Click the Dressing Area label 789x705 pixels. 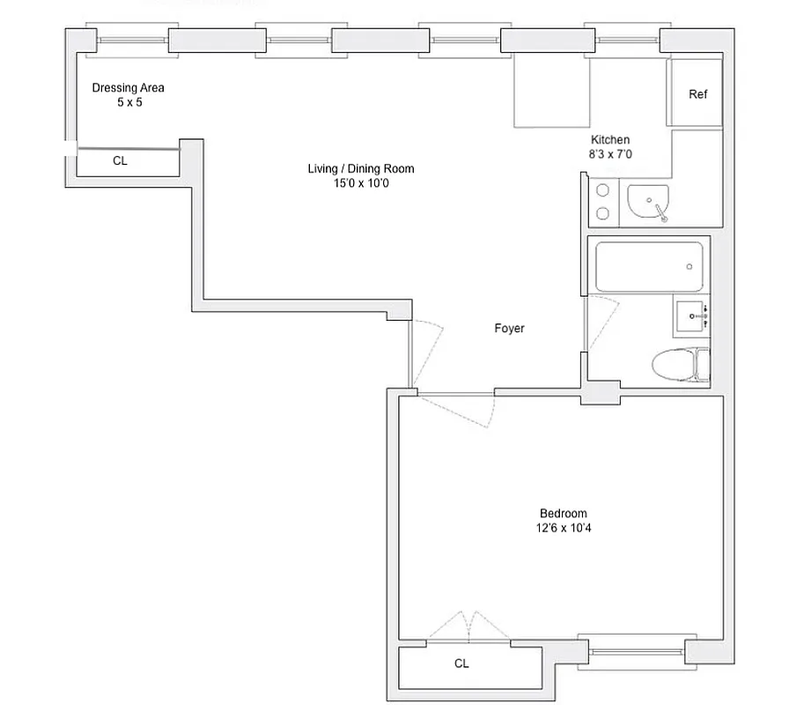[x=129, y=88]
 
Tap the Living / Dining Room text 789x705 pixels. [x=360, y=169]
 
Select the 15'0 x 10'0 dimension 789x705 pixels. [x=360, y=183]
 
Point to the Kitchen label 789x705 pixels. [x=610, y=140]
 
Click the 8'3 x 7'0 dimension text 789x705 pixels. [x=610, y=154]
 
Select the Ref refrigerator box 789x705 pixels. [x=697, y=94]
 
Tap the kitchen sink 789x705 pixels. [x=649, y=204]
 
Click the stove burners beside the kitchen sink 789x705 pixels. [x=604, y=202]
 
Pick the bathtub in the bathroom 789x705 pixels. [x=649, y=267]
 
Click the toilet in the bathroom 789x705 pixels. [x=682, y=363]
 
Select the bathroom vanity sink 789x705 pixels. [x=692, y=315]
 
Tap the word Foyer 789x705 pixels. [x=509, y=329]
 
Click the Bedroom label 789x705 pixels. [x=563, y=514]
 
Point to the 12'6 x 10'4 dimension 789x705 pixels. [x=563, y=529]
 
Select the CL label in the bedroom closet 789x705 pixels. [x=461, y=664]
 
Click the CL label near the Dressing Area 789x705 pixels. [x=121, y=161]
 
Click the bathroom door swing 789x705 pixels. [x=602, y=323]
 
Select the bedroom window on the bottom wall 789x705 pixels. [x=630, y=651]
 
